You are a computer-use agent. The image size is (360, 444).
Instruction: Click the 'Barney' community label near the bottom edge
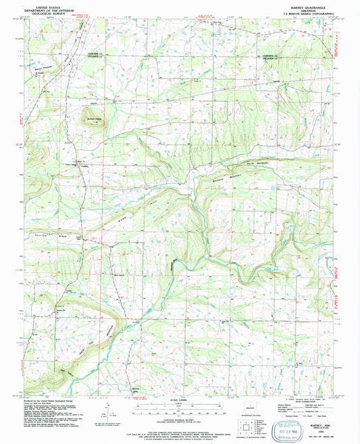click(x=135, y=389)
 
